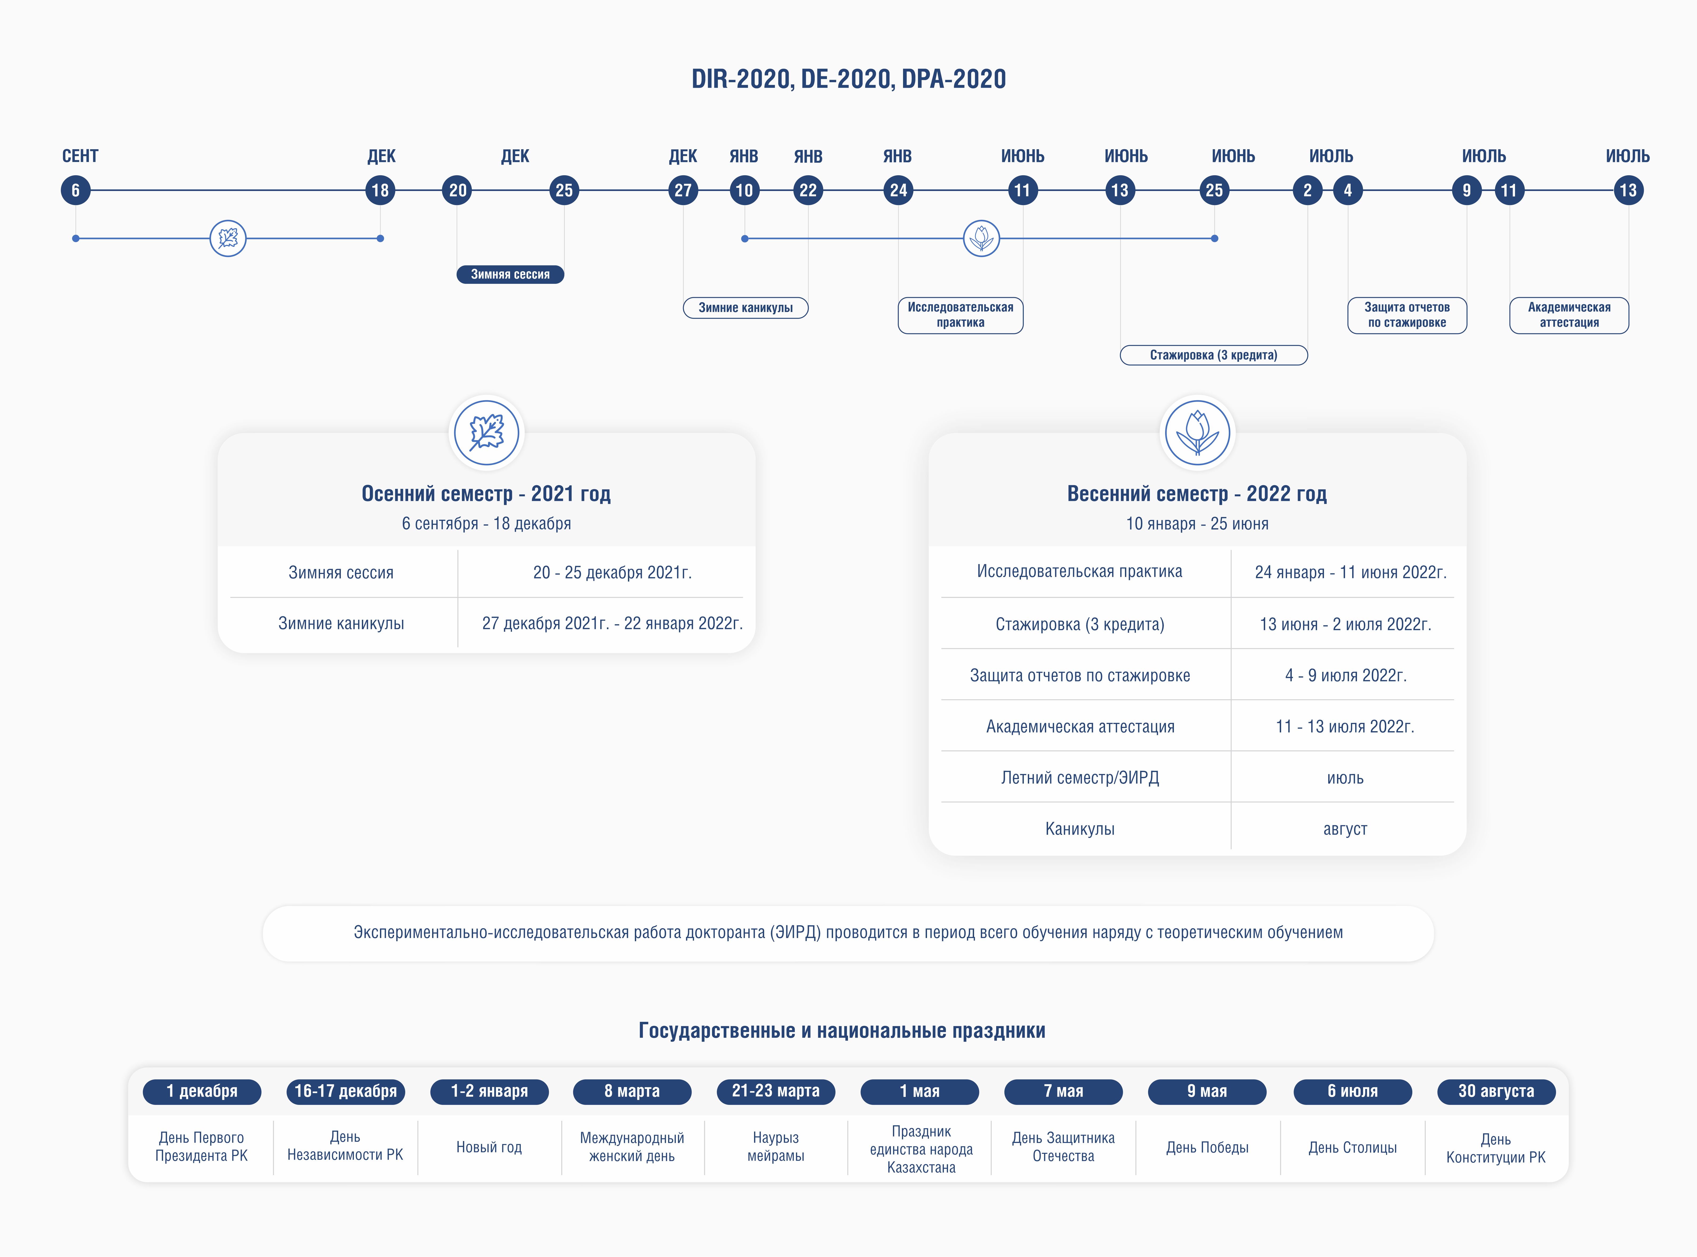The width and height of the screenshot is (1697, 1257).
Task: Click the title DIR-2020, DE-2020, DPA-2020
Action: [848, 79]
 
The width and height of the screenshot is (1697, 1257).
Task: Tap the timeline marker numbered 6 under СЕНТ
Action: [75, 190]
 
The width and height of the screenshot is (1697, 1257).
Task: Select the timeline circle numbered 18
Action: [380, 190]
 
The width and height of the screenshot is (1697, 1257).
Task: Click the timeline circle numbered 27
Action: [683, 190]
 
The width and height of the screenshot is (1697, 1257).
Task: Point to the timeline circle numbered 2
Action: [1307, 190]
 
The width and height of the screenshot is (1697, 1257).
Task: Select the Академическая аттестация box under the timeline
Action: [1569, 315]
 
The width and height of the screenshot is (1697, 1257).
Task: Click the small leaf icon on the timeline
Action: [228, 238]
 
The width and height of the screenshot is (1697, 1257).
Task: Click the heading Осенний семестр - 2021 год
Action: [486, 494]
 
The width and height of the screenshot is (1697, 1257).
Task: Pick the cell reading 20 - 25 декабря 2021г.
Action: [612, 572]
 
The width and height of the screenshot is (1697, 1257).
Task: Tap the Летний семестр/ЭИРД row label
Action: [1080, 778]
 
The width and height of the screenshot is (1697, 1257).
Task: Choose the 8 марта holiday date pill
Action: [632, 1091]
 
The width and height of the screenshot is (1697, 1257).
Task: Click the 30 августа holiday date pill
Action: [1496, 1091]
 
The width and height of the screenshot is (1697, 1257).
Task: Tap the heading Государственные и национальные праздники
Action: [842, 1031]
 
